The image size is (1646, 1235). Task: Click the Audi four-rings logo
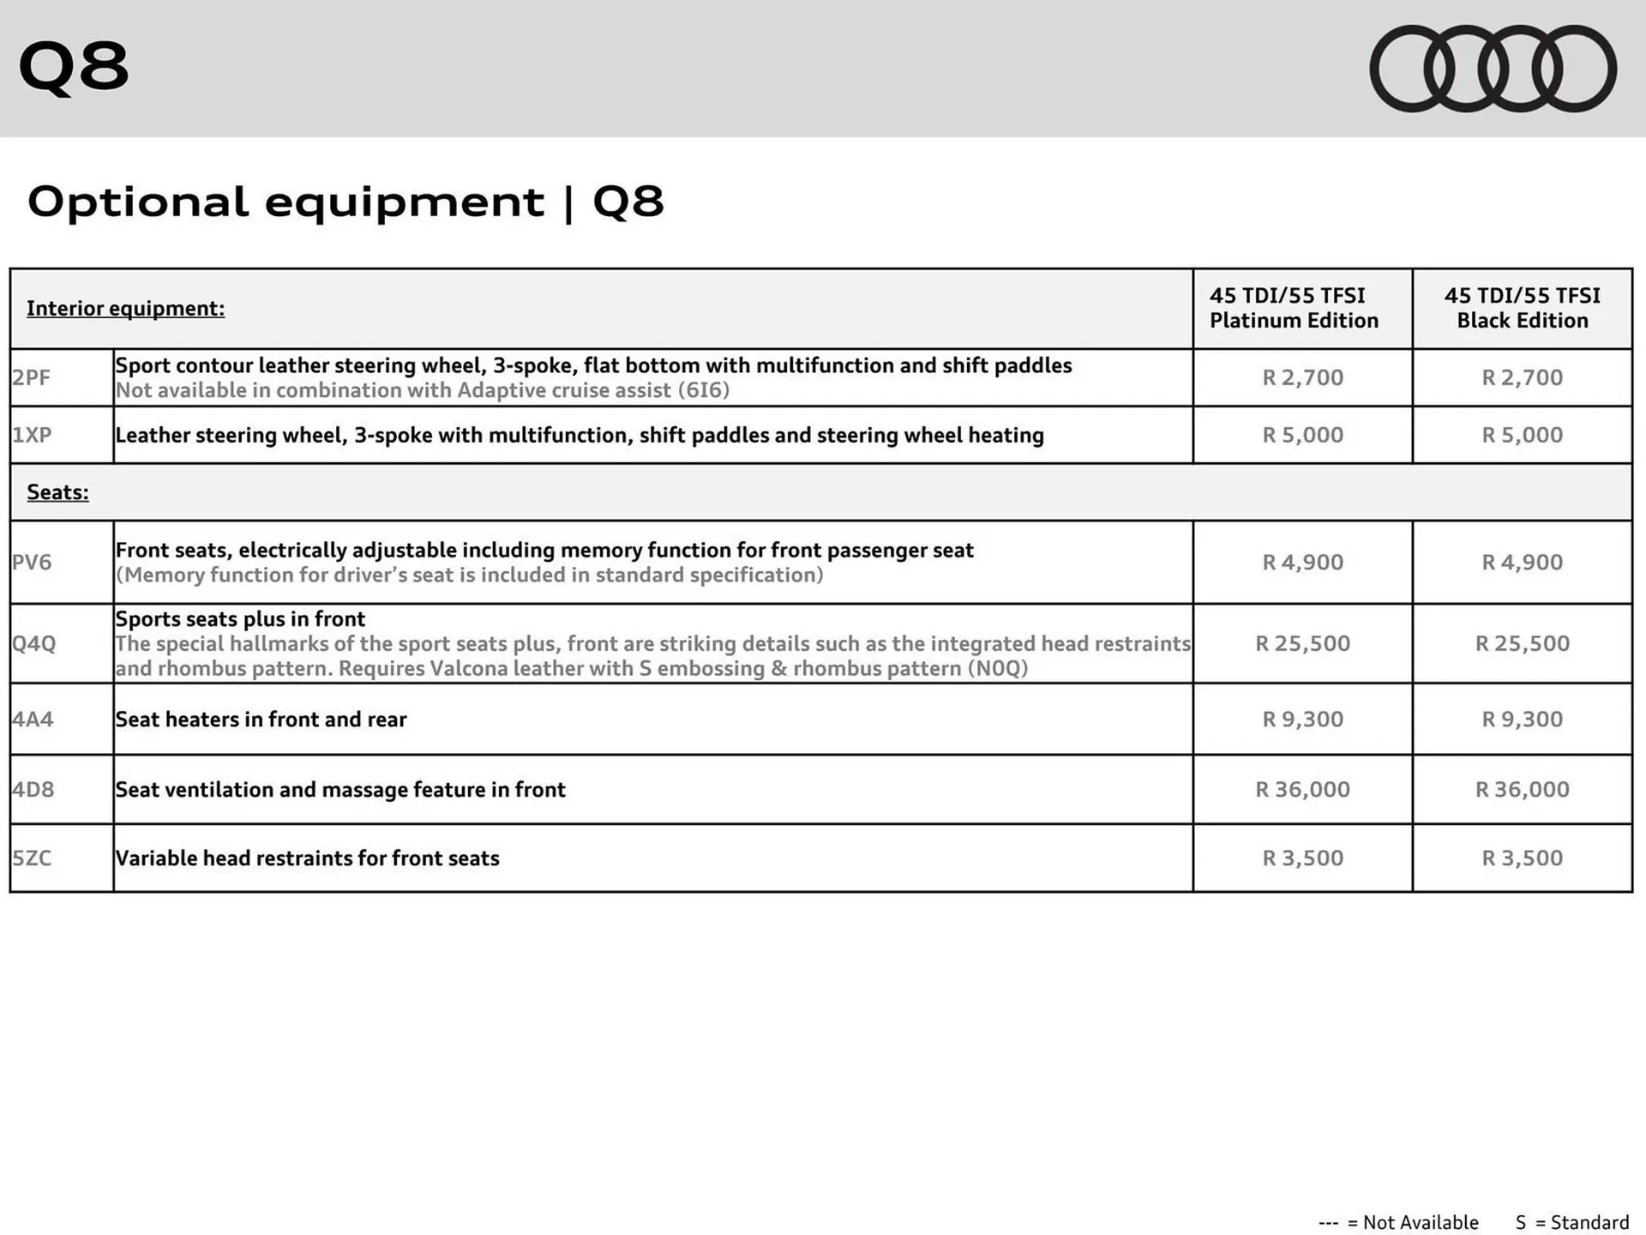point(1493,69)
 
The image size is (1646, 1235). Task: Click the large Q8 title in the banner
point(74,67)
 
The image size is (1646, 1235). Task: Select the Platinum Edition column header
point(1294,308)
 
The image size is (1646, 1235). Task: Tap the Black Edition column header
point(1522,308)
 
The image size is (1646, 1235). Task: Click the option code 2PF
point(32,377)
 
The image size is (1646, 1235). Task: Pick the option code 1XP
point(32,435)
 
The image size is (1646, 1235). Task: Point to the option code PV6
point(32,562)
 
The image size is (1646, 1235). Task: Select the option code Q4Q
point(33,643)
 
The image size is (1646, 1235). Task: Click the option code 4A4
point(33,719)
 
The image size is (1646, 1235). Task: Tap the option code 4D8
point(33,789)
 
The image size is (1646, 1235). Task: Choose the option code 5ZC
point(32,858)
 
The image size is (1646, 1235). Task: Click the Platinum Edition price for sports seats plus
point(1302,643)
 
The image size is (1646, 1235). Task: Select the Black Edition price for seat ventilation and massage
point(1522,789)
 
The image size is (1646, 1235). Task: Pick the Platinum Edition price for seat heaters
point(1302,719)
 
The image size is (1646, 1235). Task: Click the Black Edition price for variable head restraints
point(1522,858)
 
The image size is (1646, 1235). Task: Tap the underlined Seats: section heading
point(57,492)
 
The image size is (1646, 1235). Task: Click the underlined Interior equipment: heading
point(125,309)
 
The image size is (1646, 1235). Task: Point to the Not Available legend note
point(1398,1222)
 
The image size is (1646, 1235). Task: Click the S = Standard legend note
point(1571,1222)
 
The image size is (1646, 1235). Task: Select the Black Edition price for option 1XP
point(1522,435)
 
